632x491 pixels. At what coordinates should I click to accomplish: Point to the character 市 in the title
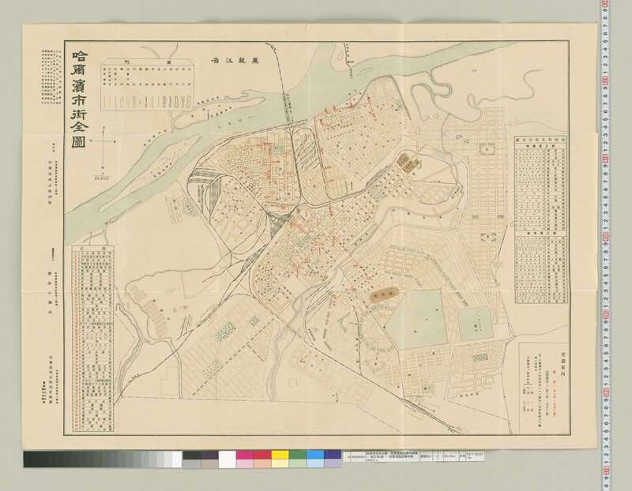79,102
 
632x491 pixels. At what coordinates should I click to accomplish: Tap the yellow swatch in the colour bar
280,459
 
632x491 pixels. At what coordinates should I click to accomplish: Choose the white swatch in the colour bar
227,459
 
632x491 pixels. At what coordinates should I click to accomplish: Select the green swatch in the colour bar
297,459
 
